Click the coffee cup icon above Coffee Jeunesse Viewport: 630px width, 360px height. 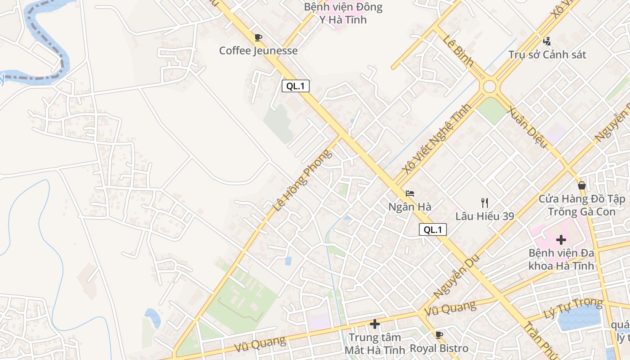(258, 38)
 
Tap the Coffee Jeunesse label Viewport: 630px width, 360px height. (258, 50)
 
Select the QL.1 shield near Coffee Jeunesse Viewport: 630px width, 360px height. (296, 86)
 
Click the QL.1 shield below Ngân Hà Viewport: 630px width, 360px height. (433, 229)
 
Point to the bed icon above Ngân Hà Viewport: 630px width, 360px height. (409, 194)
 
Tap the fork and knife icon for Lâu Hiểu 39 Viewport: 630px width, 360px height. (485, 203)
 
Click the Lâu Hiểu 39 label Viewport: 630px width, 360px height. (485, 216)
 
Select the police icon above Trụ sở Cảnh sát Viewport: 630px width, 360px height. (547, 41)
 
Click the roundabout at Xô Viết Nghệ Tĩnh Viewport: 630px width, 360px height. (490, 86)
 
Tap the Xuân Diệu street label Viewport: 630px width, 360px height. (527, 127)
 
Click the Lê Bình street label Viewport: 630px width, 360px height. (458, 50)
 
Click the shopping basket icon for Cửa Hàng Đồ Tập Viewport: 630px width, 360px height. (582, 185)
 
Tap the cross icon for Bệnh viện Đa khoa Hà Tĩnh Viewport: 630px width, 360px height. (561, 240)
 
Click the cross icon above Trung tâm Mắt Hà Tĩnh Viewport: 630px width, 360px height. (375, 324)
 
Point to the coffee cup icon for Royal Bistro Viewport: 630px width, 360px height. (439, 335)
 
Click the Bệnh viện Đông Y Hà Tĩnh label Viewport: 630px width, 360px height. (343, 13)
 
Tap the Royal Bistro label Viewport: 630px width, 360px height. (439, 348)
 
